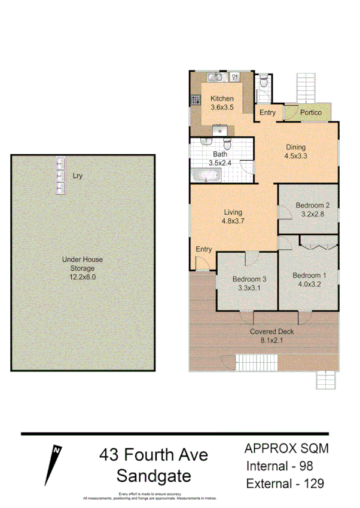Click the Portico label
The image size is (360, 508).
click(x=311, y=112)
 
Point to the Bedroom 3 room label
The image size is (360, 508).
click(x=249, y=279)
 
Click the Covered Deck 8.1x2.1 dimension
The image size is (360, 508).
click(x=271, y=341)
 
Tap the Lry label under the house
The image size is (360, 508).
click(x=77, y=176)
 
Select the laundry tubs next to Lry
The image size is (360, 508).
click(x=60, y=175)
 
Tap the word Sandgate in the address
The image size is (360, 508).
click(x=154, y=476)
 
